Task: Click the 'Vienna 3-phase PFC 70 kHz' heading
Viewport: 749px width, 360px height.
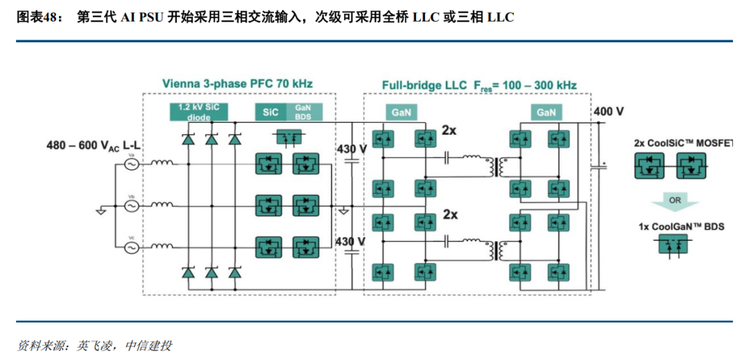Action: tap(237, 84)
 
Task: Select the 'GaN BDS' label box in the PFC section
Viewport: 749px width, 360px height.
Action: tap(303, 112)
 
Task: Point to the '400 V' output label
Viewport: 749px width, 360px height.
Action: tap(608, 111)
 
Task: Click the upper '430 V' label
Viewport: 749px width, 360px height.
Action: tap(351, 148)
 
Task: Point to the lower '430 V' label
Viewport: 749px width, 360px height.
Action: tap(351, 241)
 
